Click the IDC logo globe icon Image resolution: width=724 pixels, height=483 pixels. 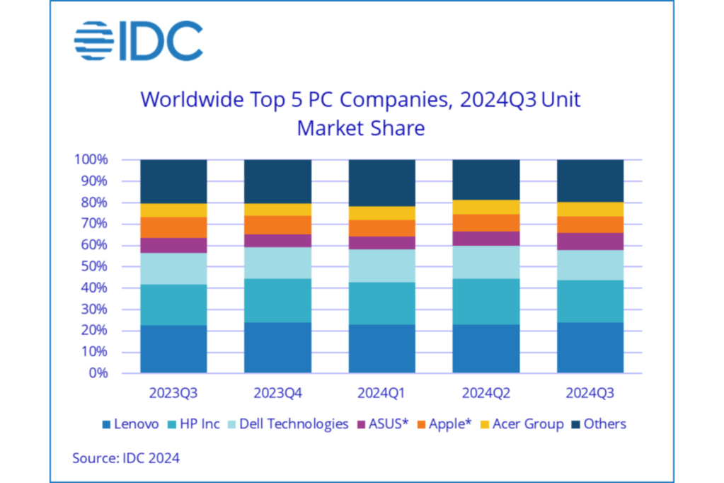pyautogui.click(x=93, y=42)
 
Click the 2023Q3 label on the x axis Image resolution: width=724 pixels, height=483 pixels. pyautogui.click(x=173, y=391)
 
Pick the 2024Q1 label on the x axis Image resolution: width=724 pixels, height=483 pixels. pyautogui.click(x=381, y=391)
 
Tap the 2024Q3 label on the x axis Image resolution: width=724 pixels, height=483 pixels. pyautogui.click(x=590, y=391)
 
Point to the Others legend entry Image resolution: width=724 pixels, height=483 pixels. pyautogui.click(x=599, y=424)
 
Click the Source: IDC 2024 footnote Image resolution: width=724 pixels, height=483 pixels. pyautogui.click(x=126, y=458)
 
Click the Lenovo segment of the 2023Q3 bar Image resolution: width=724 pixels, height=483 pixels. pyautogui.click(x=173, y=348)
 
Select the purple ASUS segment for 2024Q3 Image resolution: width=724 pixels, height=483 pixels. pyautogui.click(x=590, y=241)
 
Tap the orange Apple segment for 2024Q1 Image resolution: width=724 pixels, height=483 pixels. pyautogui.click(x=381, y=228)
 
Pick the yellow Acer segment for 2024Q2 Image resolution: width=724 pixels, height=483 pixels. pyautogui.click(x=485, y=207)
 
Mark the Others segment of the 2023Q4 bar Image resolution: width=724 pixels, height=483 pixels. pyautogui.click(x=277, y=181)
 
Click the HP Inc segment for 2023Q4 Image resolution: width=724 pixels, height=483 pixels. pyautogui.click(x=277, y=300)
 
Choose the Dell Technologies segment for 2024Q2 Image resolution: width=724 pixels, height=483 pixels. pyautogui.click(x=485, y=262)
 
